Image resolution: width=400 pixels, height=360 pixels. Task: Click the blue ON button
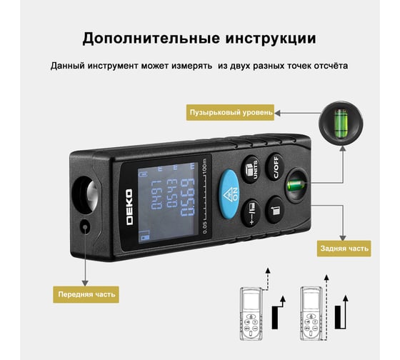tap(229, 194)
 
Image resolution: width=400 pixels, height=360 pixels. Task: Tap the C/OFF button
tap(275, 167)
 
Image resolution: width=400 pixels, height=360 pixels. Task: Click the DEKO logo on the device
tap(129, 207)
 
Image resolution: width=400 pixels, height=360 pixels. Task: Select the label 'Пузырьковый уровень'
tap(230, 112)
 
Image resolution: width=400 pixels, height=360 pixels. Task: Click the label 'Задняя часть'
tap(344, 249)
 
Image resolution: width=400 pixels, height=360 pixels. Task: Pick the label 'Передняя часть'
tap(86, 294)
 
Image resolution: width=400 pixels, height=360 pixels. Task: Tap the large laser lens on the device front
tap(86, 194)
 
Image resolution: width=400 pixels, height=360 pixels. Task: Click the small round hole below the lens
tap(85, 226)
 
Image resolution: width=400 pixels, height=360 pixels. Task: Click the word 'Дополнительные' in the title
tap(151, 39)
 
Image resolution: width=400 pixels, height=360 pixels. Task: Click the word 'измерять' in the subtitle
tap(191, 66)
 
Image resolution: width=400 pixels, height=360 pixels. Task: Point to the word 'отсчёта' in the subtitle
tap(331, 66)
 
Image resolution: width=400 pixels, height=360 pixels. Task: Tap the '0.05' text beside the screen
tap(204, 227)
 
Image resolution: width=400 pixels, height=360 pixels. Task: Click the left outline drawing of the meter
tap(251, 314)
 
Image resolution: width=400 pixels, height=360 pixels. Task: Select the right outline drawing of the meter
tap(311, 314)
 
